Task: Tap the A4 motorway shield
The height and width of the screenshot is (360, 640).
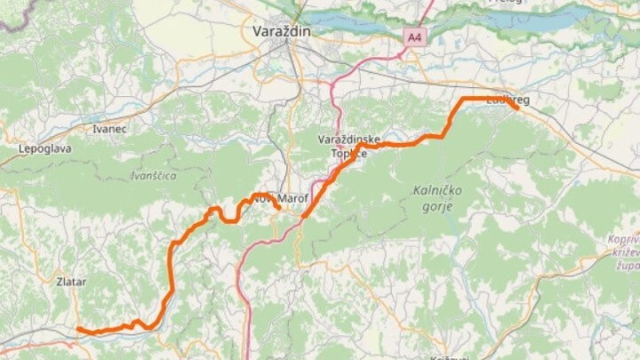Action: [x=414, y=37]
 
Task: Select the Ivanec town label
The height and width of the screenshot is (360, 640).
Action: [x=109, y=129]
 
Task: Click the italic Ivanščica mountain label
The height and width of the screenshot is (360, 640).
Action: [x=153, y=176]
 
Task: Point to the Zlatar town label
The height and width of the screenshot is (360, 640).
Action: [x=71, y=282]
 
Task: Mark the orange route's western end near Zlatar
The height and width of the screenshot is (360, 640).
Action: [x=79, y=330]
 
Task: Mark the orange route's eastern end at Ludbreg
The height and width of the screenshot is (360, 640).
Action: [x=516, y=108]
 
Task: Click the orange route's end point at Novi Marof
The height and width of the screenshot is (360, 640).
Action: [x=279, y=209]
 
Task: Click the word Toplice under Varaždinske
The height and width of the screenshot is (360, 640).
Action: [x=349, y=154]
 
